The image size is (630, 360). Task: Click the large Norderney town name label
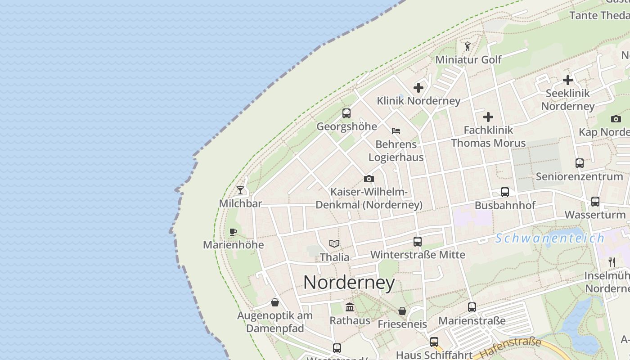point(349,283)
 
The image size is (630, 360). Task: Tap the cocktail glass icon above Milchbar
point(241,190)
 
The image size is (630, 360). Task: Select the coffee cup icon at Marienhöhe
point(233,232)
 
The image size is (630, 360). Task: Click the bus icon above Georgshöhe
point(346,113)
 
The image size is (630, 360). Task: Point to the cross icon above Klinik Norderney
point(418,88)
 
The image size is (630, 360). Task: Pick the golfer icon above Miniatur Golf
point(468,46)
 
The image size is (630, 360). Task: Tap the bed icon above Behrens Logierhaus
point(396,131)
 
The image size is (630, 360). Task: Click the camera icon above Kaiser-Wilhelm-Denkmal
point(369,179)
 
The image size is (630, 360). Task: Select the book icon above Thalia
point(334,243)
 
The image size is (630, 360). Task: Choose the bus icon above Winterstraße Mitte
point(418,242)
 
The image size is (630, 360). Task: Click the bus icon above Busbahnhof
point(505,192)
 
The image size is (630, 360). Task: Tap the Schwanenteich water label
point(550,238)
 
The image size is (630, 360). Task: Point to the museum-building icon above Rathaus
point(350,307)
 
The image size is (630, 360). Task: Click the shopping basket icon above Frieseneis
point(402,311)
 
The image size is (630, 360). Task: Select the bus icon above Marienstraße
point(472,307)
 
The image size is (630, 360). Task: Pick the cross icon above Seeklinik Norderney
point(568,80)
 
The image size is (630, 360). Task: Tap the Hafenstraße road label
point(510,348)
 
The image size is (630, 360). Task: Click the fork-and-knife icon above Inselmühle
point(612,262)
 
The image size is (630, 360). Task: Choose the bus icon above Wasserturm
point(595,202)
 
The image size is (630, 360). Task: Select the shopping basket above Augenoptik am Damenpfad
point(275,302)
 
